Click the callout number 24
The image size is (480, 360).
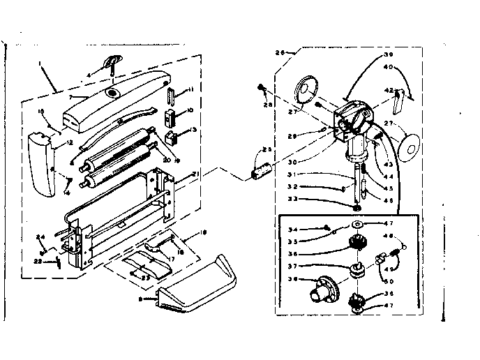tap(40, 237)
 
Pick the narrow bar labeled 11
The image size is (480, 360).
tap(170, 92)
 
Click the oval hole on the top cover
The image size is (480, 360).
tap(111, 93)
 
